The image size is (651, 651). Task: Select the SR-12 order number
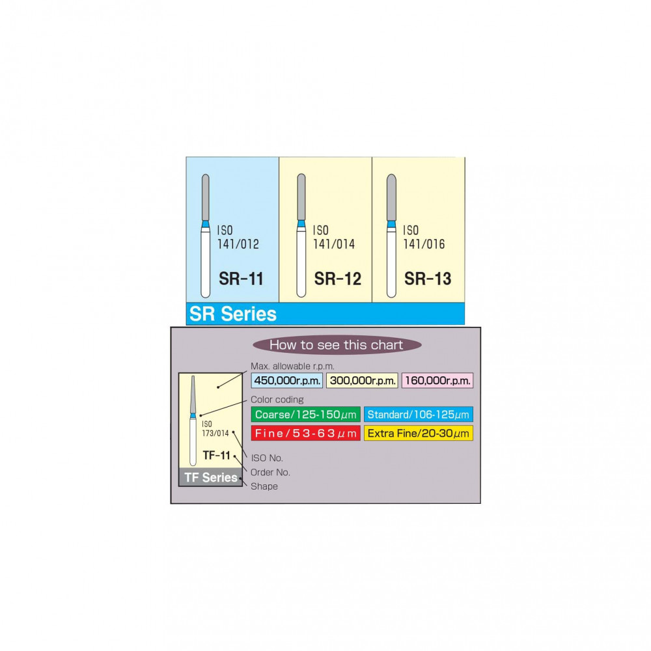point(337,279)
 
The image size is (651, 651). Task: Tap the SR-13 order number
point(428,279)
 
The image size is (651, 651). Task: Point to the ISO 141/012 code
point(238,238)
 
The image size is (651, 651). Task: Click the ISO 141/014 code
point(333,238)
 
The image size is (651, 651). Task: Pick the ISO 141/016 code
point(424,238)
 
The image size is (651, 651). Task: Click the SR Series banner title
point(233,314)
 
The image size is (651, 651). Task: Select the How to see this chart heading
point(336,345)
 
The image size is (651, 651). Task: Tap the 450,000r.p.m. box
point(286,381)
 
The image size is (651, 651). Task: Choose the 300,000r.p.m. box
point(361,381)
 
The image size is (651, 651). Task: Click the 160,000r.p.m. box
point(437,381)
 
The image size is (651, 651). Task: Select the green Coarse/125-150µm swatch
point(305,415)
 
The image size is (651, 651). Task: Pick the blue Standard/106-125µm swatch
point(419,415)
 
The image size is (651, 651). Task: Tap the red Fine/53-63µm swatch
point(305,433)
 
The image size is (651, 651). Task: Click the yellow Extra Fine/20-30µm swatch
point(419,433)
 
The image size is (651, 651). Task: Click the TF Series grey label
point(210,478)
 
